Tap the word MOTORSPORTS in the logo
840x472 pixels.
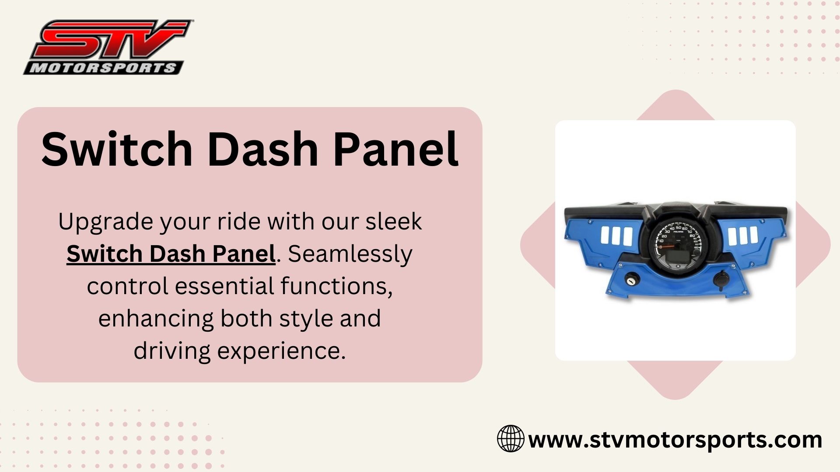103,68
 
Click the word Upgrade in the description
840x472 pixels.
105,222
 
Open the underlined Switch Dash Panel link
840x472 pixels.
171,253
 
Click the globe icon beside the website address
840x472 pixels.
511,438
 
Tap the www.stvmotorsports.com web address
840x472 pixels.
675,439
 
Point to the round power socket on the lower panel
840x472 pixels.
721,278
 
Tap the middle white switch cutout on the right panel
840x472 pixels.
743,235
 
